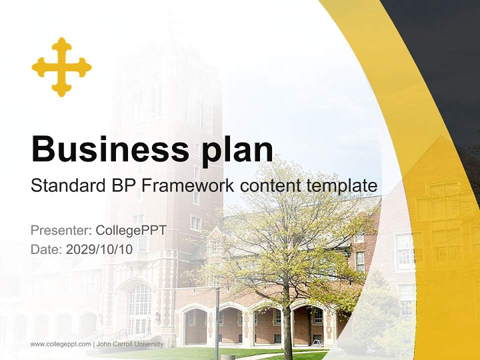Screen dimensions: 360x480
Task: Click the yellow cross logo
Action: point(61,67)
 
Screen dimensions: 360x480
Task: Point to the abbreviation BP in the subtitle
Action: point(121,185)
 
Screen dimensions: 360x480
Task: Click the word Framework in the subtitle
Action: point(188,185)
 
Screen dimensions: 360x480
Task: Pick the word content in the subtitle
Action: point(270,185)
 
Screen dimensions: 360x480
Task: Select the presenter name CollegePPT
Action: point(130,230)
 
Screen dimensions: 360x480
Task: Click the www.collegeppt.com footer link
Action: point(60,344)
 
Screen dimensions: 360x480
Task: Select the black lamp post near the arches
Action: point(217,320)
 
